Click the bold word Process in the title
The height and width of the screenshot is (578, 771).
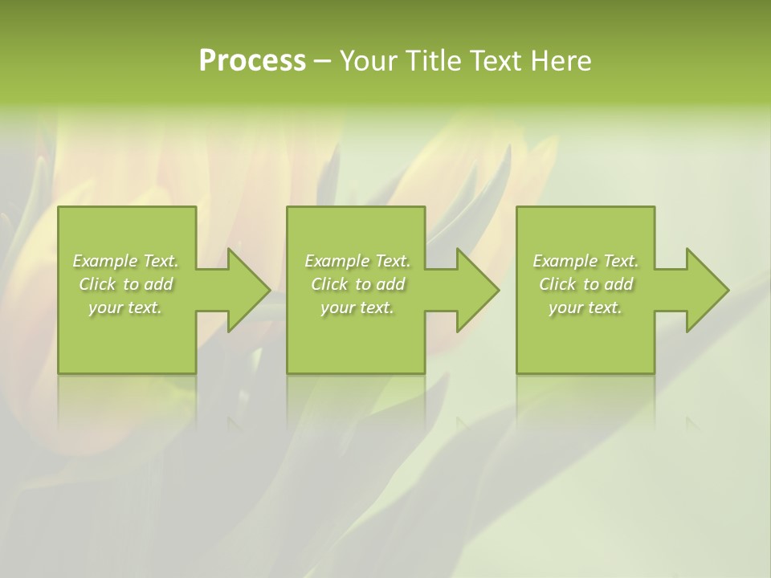[252, 61]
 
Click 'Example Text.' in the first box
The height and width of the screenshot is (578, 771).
[126, 261]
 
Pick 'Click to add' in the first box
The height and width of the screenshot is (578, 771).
[126, 284]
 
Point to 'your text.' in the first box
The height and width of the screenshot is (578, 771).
[126, 307]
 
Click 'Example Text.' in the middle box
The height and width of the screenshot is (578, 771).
[357, 261]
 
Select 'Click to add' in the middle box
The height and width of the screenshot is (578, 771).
[357, 284]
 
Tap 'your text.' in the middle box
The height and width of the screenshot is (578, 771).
[357, 307]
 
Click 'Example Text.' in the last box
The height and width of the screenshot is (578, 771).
[585, 261]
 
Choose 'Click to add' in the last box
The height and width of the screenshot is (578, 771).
[585, 284]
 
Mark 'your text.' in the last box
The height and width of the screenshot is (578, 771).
[585, 307]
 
